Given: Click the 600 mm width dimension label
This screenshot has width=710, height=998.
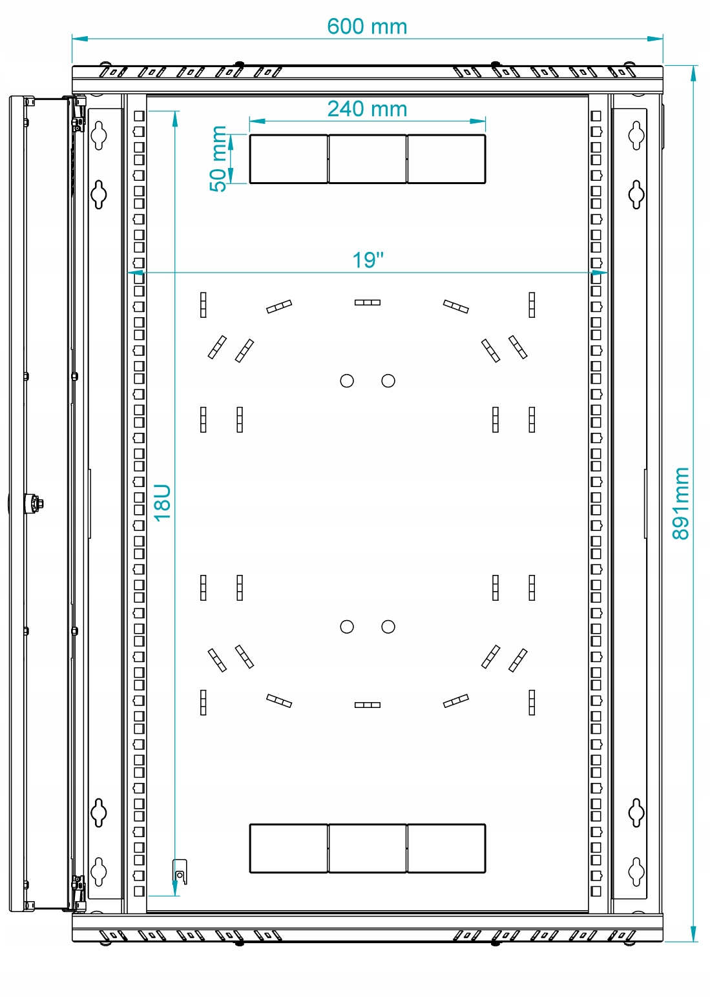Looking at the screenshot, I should [x=367, y=26].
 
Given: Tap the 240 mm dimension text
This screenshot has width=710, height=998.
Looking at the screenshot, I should [x=367, y=109].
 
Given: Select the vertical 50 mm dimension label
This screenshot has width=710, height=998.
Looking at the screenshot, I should [x=219, y=159].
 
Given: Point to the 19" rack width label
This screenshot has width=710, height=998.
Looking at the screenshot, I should [x=368, y=260].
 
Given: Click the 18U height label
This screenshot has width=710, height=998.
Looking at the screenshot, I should [x=163, y=503].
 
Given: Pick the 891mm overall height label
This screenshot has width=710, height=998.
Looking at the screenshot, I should [x=681, y=504].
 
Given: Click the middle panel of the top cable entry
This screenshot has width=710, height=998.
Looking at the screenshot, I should [x=368, y=159].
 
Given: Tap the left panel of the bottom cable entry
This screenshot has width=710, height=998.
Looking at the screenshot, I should [x=289, y=848].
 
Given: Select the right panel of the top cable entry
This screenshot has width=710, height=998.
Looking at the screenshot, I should [x=446, y=159].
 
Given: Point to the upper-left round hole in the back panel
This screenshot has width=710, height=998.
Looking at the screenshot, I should [x=347, y=380].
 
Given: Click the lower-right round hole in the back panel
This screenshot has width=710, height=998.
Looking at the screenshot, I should [x=388, y=627].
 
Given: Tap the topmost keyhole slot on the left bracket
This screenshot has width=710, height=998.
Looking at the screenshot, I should [x=98, y=135].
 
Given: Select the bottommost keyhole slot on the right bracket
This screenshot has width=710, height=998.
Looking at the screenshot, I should [x=636, y=871].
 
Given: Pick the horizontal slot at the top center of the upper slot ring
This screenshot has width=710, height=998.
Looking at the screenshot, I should [x=368, y=302].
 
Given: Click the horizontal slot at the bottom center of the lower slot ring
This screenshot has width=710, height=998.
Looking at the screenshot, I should [x=368, y=705].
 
